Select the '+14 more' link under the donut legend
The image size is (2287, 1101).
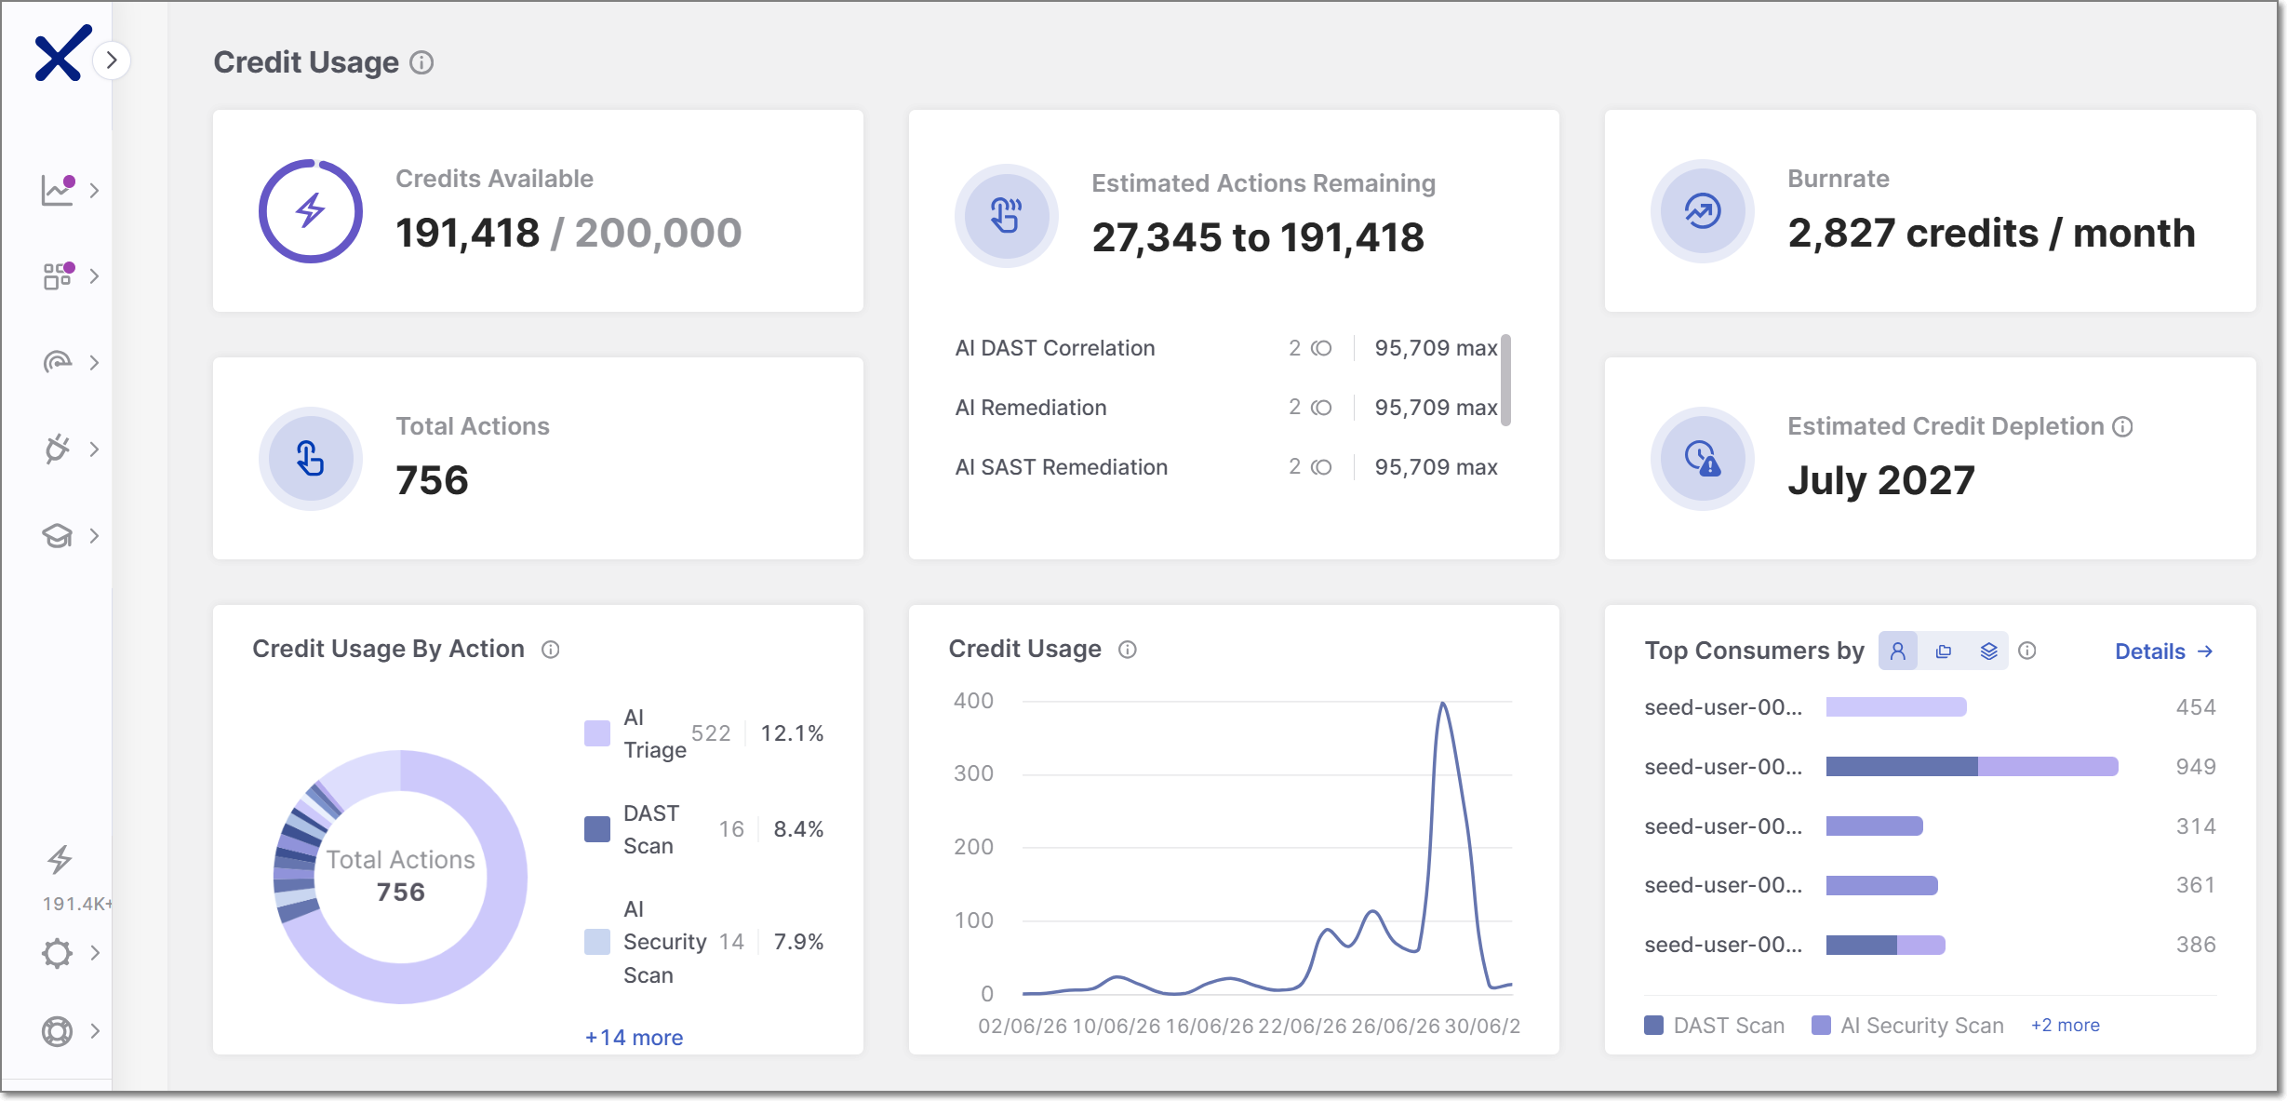(x=634, y=1038)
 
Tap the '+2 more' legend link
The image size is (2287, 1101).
(x=2065, y=1025)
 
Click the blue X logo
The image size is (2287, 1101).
(x=62, y=53)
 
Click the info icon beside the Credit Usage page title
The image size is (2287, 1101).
(x=421, y=62)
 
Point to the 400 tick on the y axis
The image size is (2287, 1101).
(x=973, y=701)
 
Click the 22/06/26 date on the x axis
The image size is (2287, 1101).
(x=1302, y=1026)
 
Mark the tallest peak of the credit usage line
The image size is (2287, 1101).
(x=1442, y=703)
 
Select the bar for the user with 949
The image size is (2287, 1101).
(x=1972, y=767)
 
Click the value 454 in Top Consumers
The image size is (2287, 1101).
(x=2195, y=707)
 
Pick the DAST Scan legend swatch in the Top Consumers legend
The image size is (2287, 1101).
(x=1653, y=1026)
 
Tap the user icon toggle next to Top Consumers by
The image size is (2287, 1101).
(x=1898, y=651)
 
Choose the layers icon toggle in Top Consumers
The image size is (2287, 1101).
(x=1988, y=651)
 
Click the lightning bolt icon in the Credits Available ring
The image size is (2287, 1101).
(x=310, y=210)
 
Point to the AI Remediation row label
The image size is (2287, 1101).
(x=1030, y=408)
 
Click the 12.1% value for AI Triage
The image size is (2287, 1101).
(x=792, y=733)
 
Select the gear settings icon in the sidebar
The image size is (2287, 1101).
(x=57, y=953)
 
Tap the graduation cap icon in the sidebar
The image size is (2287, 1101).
(x=57, y=535)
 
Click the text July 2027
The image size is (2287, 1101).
(x=1880, y=480)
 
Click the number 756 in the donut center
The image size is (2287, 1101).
(x=400, y=893)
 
